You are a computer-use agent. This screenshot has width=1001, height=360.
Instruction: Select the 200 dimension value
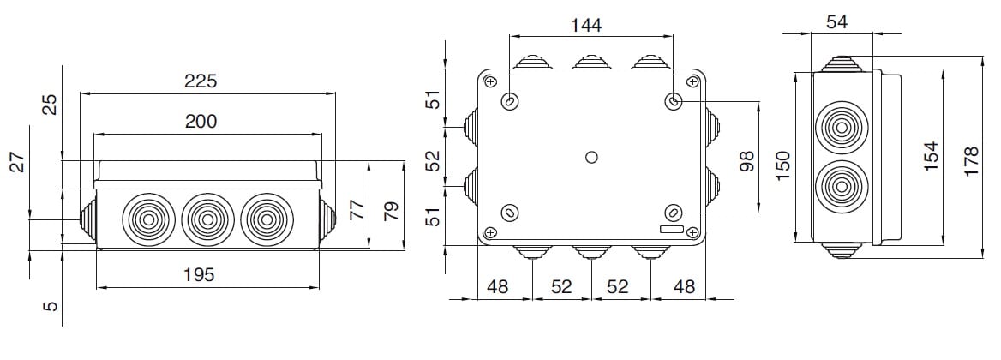click(201, 121)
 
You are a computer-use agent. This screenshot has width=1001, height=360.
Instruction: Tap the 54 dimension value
click(836, 22)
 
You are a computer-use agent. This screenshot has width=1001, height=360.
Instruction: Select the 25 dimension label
click(51, 105)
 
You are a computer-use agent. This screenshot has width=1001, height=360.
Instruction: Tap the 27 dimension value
click(17, 162)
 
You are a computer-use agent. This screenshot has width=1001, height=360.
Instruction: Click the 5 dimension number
click(51, 305)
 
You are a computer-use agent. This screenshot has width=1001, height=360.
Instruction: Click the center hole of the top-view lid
click(590, 157)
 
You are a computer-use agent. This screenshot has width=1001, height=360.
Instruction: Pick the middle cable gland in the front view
click(206, 219)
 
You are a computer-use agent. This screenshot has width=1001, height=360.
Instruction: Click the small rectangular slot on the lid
click(671, 230)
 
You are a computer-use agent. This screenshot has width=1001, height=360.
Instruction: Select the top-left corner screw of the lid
click(489, 82)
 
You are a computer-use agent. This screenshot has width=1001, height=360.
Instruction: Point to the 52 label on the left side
click(434, 160)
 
